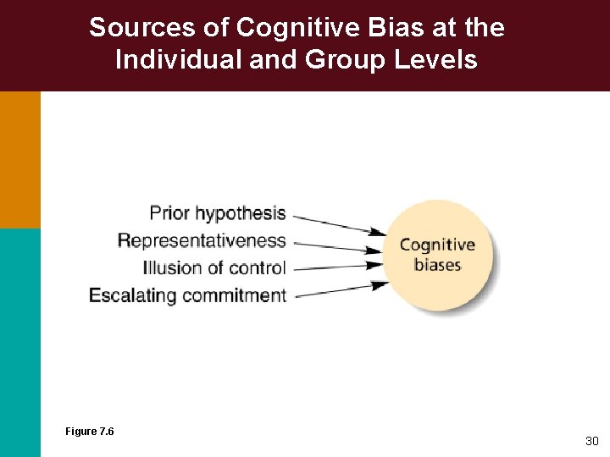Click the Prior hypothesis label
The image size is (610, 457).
[x=218, y=212]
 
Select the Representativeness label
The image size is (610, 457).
[x=202, y=240]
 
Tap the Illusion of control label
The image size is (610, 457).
[x=214, y=268]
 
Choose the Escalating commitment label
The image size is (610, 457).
[x=187, y=295]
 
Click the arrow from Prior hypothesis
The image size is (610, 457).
[x=338, y=223]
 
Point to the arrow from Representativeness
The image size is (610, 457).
[x=338, y=246]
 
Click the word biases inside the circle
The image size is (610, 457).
[x=437, y=265]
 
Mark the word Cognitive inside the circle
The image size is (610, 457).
[x=437, y=245]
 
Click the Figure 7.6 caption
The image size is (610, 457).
[x=89, y=432]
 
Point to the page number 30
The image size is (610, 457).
[x=591, y=441]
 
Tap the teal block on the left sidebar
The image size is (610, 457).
[x=19, y=339]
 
